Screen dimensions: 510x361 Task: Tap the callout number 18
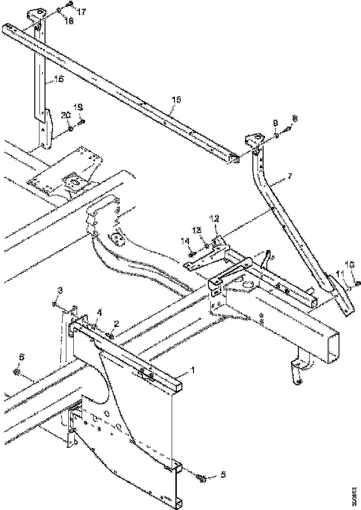(x=68, y=21)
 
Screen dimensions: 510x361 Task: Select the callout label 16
(x=59, y=79)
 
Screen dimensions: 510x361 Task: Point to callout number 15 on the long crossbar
(x=177, y=100)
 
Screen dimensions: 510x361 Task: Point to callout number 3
(x=59, y=291)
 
